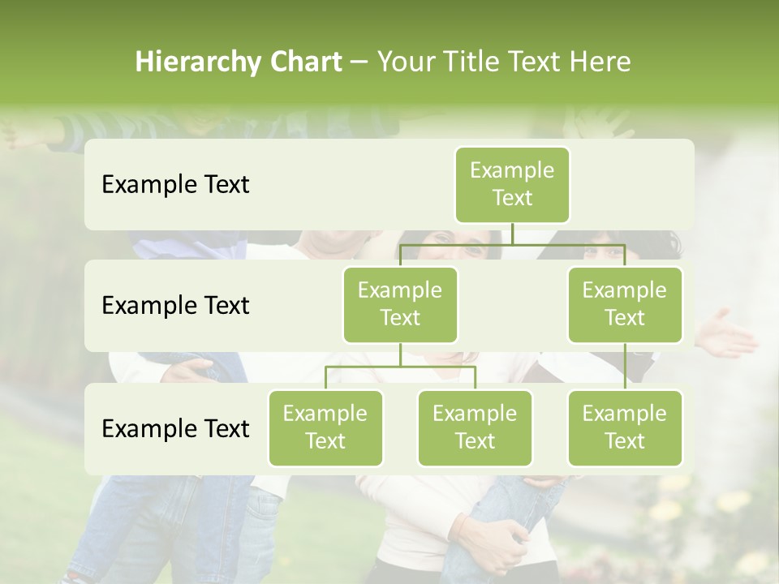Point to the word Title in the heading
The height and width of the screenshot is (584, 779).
pos(480,62)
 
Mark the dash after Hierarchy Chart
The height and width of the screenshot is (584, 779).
pos(359,63)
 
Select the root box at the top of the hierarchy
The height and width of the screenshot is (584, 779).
pos(512,185)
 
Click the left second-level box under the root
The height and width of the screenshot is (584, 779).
pos(400,304)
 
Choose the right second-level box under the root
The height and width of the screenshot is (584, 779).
pos(625,304)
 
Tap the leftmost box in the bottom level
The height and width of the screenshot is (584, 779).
pos(325,427)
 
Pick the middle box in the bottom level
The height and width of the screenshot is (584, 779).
pos(475,427)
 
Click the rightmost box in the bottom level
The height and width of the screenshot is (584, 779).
pos(625,427)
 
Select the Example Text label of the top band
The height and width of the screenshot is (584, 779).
pos(175,185)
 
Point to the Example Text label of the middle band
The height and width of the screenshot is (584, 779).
pos(175,306)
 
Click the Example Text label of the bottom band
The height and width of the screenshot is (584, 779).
pos(175,428)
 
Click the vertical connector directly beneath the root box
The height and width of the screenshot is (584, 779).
pos(512,234)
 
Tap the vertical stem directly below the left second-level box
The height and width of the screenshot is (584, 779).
pos(400,354)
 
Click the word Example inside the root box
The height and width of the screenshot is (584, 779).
pos(512,170)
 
